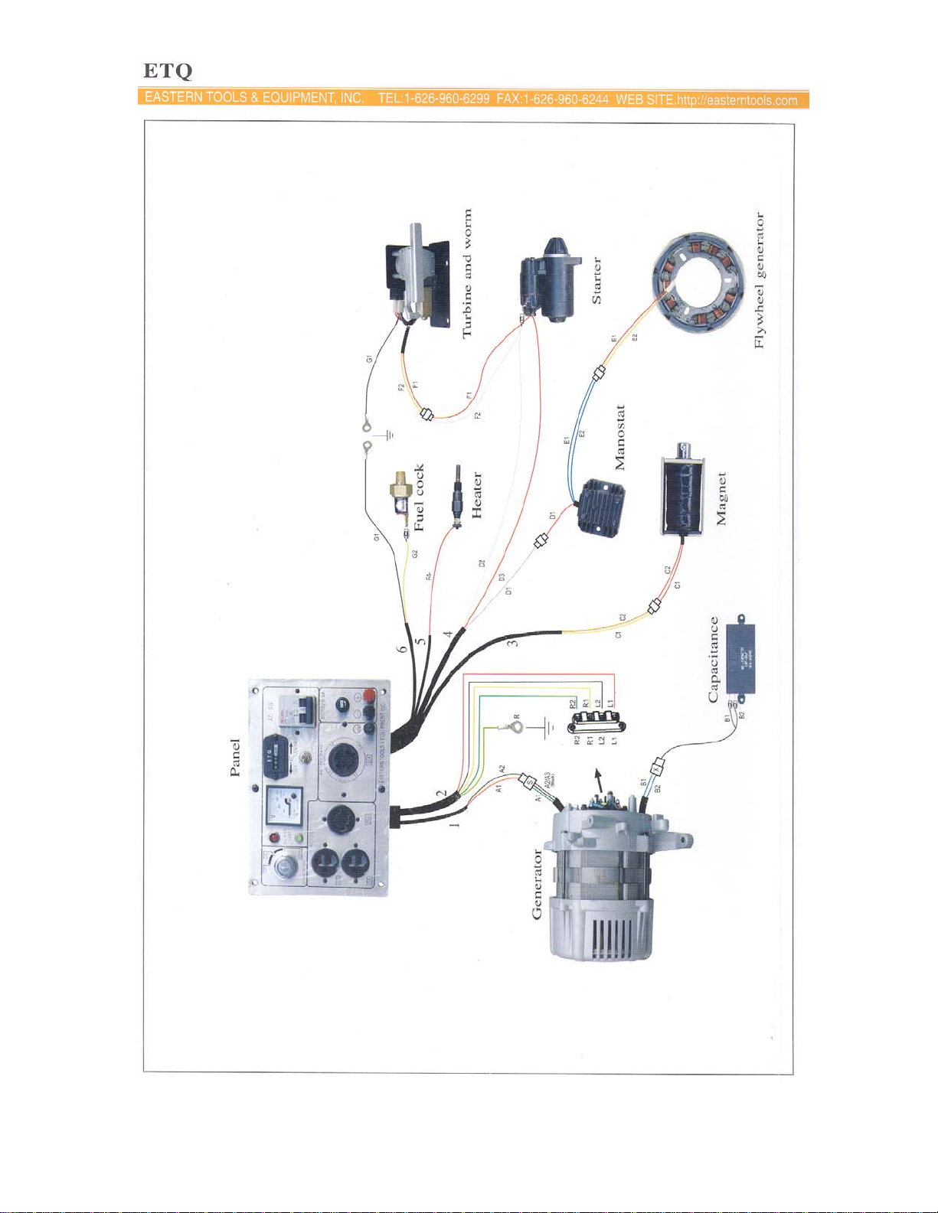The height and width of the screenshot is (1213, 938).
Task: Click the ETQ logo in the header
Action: (x=168, y=71)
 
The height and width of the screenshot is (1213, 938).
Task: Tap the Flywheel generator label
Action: (x=760, y=280)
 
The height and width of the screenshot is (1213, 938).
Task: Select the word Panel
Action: (x=236, y=757)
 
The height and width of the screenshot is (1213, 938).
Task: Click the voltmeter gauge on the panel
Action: (x=283, y=808)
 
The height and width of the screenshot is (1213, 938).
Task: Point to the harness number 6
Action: (x=403, y=649)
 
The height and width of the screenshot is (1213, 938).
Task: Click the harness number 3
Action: (x=512, y=641)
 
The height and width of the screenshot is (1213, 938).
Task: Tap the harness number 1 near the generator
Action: (x=454, y=824)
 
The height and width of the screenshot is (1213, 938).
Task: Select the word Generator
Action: (x=537, y=883)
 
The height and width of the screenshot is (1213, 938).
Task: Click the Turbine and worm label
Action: (x=467, y=273)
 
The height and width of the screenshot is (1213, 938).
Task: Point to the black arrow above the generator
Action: (x=598, y=781)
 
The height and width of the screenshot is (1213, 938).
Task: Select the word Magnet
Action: (x=721, y=498)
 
